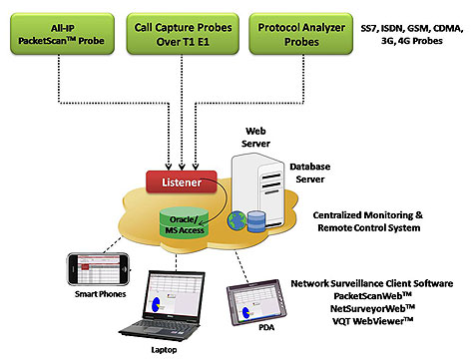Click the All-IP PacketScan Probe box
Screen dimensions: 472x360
tap(62, 34)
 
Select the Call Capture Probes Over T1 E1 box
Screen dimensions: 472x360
tap(183, 34)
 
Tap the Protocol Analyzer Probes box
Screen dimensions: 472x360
tap(301, 34)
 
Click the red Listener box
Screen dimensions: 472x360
tap(182, 181)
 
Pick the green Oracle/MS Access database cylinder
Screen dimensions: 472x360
tap(184, 222)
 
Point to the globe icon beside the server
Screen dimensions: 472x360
tap(236, 220)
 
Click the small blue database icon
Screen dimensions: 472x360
tap(256, 221)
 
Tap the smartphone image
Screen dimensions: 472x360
tap(99, 269)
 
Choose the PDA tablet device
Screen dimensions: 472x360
tap(255, 302)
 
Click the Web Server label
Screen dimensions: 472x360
tap(255, 138)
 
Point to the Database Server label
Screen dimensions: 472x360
tap(310, 173)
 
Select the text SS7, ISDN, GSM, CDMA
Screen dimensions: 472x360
tap(412, 28)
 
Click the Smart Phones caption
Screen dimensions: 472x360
tap(100, 294)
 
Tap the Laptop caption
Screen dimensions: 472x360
tap(164, 350)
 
